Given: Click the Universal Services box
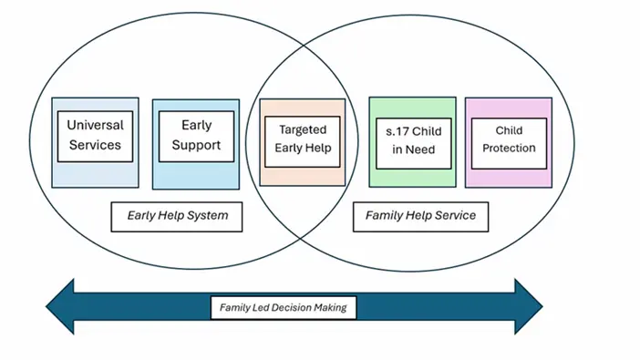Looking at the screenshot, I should (x=95, y=135).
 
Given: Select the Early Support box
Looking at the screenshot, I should (x=197, y=135).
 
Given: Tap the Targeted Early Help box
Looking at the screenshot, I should (x=302, y=139).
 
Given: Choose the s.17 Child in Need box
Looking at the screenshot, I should (x=412, y=140).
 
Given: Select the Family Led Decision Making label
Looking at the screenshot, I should (x=284, y=308).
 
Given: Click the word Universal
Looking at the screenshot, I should (x=95, y=125).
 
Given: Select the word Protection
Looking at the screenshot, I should (x=510, y=148).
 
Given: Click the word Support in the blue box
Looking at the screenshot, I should (x=197, y=145).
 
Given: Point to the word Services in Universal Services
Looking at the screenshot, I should (x=95, y=145).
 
